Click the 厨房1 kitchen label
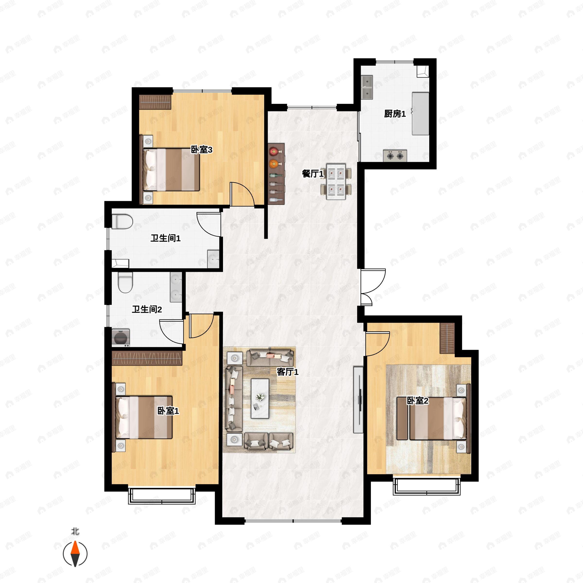pos(395,114)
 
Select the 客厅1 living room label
pos(288,372)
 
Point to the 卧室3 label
pos(202,149)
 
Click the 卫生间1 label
pos(166,238)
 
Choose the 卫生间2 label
pos(147,309)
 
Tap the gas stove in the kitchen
pos(395,156)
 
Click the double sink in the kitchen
pos(367,87)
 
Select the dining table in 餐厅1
pos(336,181)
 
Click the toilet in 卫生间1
pos(122,222)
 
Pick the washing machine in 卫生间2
pos(121,337)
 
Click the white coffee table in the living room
pos(260,399)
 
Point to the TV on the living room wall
pos(359,400)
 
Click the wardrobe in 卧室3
pos(155,102)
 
